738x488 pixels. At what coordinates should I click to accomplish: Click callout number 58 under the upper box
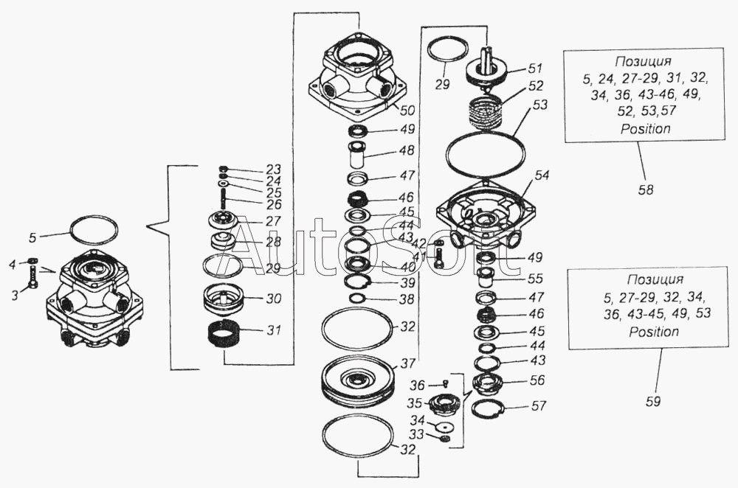646,189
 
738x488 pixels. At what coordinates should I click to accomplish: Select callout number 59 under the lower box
652,401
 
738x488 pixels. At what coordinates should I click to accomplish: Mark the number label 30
252,299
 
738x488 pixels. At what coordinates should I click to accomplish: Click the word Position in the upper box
646,128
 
